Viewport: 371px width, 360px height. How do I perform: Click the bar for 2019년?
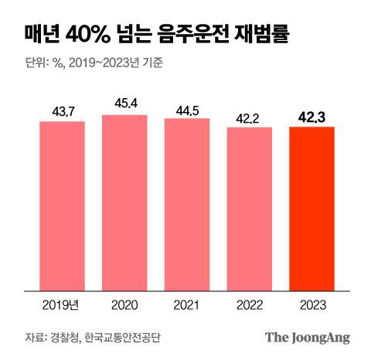coord(63,205)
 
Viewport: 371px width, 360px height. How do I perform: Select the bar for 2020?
coord(124,202)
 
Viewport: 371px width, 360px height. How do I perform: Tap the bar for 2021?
coord(187,204)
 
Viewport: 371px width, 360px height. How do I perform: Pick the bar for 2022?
coord(249,209)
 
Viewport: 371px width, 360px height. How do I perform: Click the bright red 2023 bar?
coord(311,209)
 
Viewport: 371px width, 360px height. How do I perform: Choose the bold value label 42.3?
coord(311,117)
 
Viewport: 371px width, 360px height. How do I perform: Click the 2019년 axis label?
coord(63,304)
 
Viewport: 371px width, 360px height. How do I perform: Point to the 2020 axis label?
coord(124,304)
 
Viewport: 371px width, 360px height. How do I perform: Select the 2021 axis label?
coord(187,304)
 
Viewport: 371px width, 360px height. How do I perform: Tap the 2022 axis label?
coord(249,304)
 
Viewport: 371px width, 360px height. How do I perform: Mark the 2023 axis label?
coord(311,304)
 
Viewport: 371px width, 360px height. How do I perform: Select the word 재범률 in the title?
coord(268,35)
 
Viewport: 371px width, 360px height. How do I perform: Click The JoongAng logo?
coord(308,337)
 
